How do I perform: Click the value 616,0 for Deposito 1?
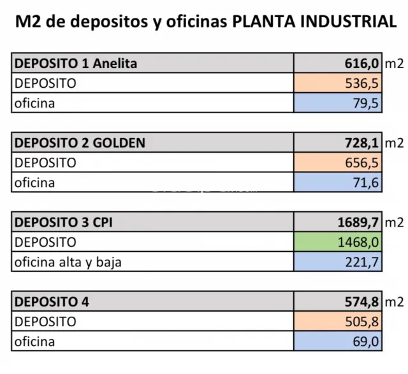click(361, 64)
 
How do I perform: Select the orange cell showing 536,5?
click(338, 83)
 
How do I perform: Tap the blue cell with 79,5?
click(338, 103)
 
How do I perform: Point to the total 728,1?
click(361, 143)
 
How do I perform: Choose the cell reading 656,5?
click(338, 162)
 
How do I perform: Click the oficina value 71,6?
click(338, 182)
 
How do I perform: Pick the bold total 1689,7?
click(358, 223)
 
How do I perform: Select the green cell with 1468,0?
click(338, 242)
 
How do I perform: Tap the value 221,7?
click(338, 261)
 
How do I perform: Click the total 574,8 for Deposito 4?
click(361, 302)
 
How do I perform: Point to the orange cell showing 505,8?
click(338, 321)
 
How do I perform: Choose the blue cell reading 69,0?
click(338, 341)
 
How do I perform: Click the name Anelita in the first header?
click(115, 64)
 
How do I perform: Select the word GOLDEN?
click(119, 143)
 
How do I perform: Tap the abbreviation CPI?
click(103, 223)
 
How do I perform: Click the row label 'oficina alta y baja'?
click(68, 262)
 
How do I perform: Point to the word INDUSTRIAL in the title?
click(349, 21)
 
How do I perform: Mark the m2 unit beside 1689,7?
click(394, 223)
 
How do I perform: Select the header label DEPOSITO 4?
click(52, 302)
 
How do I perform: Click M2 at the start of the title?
click(28, 21)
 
